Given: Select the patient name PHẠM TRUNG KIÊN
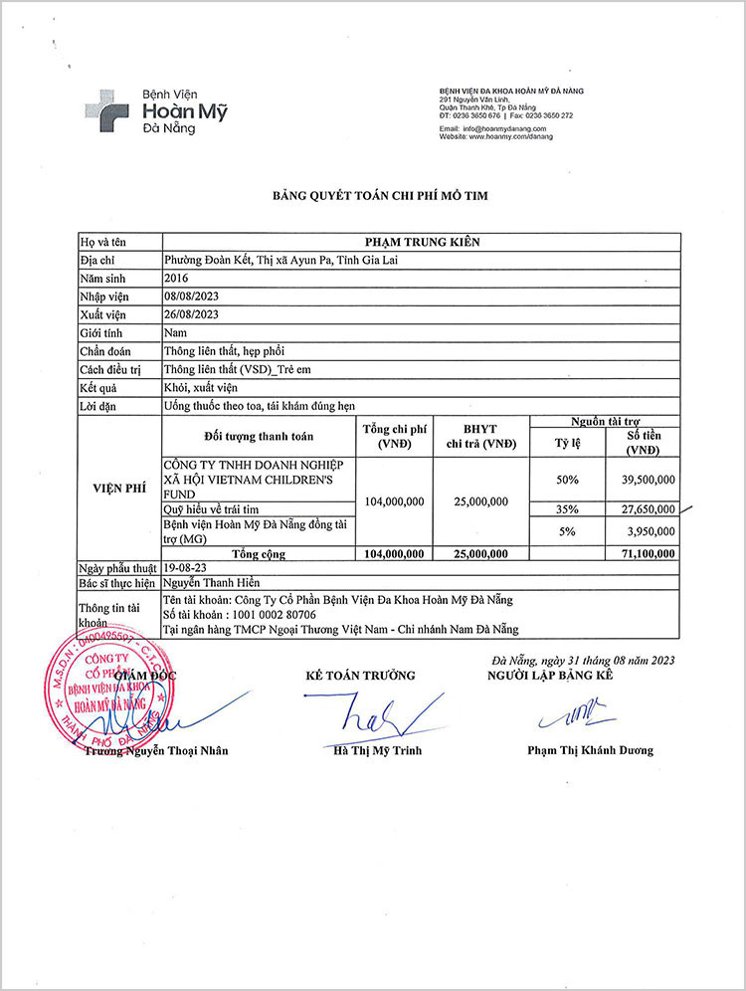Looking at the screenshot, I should pos(421,242).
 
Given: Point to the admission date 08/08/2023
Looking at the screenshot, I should pos(190,297).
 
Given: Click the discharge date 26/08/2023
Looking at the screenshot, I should pos(190,314).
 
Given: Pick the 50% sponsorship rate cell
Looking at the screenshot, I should pos(567,480).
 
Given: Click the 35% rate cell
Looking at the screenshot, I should pos(567,509).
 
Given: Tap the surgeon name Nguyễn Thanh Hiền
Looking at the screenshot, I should pos(216,583).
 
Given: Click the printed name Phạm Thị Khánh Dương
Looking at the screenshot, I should pos(590,750).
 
